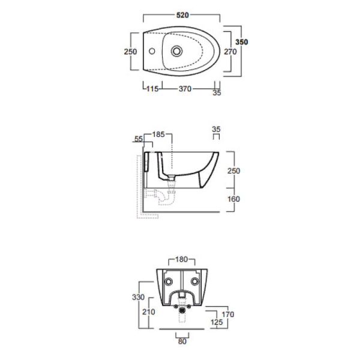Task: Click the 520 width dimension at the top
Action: click(182, 15)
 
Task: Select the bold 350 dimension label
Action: click(242, 42)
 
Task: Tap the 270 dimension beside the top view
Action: click(230, 52)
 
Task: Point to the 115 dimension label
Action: click(152, 89)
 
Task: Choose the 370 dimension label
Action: click(185, 89)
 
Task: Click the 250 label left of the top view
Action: click(130, 52)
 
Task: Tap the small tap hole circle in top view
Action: click(152, 51)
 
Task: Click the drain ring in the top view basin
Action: click(176, 51)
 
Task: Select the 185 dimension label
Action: click(158, 134)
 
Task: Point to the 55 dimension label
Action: click(139, 139)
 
